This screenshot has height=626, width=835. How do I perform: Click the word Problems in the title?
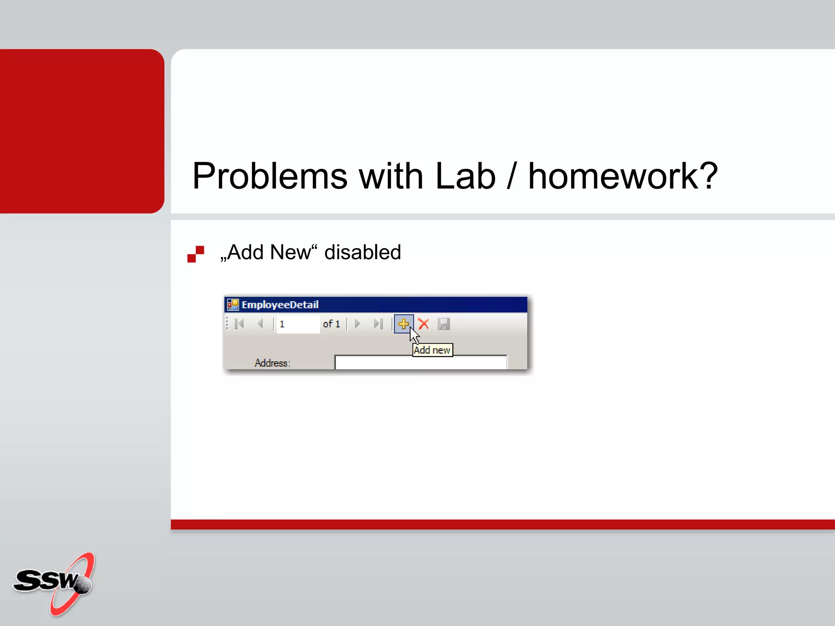pyautogui.click(x=269, y=176)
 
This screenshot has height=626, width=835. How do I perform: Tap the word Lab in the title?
pyautogui.click(x=465, y=176)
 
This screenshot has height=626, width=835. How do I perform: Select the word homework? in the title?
pyautogui.click(x=623, y=176)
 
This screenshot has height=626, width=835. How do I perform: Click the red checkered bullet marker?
pyautogui.click(x=196, y=254)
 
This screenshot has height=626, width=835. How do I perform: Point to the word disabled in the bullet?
pyautogui.click(x=362, y=252)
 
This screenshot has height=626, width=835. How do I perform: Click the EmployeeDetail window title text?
pyautogui.click(x=280, y=304)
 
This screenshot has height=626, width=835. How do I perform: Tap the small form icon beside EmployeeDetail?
pyautogui.click(x=233, y=304)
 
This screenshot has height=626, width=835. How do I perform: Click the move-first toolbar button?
pyautogui.click(x=240, y=324)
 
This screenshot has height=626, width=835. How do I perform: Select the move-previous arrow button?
pyautogui.click(x=261, y=324)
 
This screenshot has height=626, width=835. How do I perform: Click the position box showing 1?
pyautogui.click(x=298, y=324)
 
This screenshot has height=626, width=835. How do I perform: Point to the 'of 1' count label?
pyautogui.click(x=331, y=324)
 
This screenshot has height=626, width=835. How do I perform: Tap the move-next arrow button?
pyautogui.click(x=358, y=324)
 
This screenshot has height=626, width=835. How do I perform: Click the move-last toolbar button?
pyautogui.click(x=378, y=324)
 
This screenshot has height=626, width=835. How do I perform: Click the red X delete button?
pyautogui.click(x=424, y=324)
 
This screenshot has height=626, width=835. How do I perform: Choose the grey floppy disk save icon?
pyautogui.click(x=444, y=324)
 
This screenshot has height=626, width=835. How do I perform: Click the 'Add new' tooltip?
pyautogui.click(x=432, y=350)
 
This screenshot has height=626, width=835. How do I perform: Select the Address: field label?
pyautogui.click(x=272, y=363)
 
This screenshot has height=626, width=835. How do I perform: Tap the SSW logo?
pyautogui.click(x=55, y=583)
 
